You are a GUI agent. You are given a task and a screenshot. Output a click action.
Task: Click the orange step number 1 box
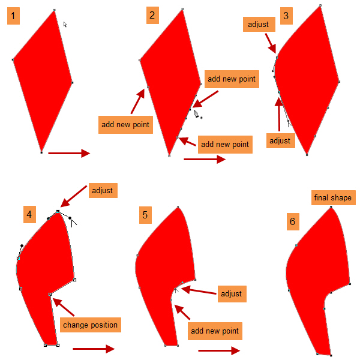pos(13,16)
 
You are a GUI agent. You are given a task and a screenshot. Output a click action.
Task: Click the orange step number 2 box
pos(152,16)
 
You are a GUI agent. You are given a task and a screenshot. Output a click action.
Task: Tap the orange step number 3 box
pos(286,16)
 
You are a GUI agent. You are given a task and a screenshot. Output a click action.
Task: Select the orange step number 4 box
pos(29,214)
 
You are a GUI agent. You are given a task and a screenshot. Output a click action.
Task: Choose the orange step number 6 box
pos(292,222)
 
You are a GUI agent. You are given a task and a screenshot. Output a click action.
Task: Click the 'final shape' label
pos(332,197)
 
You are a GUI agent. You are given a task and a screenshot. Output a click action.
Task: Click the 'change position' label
pos(90,325)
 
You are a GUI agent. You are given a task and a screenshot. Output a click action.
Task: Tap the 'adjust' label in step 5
pos(231,293)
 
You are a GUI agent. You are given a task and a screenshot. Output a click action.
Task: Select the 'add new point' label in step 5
pos(214,331)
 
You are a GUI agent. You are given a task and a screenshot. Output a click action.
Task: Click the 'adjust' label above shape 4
pos(101,191)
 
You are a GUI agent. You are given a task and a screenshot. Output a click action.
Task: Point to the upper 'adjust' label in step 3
pos(259,25)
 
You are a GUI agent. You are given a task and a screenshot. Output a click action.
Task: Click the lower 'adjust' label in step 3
pos(280,141)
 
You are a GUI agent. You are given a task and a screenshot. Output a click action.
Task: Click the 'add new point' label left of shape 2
pos(125,125)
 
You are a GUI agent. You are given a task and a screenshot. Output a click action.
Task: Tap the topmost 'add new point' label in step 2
pos(230,79)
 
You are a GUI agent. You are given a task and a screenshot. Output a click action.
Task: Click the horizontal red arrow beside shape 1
pos(68,154)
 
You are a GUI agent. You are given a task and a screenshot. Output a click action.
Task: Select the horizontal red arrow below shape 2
pos(205,159)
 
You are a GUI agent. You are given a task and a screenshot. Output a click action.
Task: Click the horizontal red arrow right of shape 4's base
pos(93,349)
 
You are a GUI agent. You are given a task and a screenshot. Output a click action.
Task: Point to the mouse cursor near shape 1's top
pos(65,25)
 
